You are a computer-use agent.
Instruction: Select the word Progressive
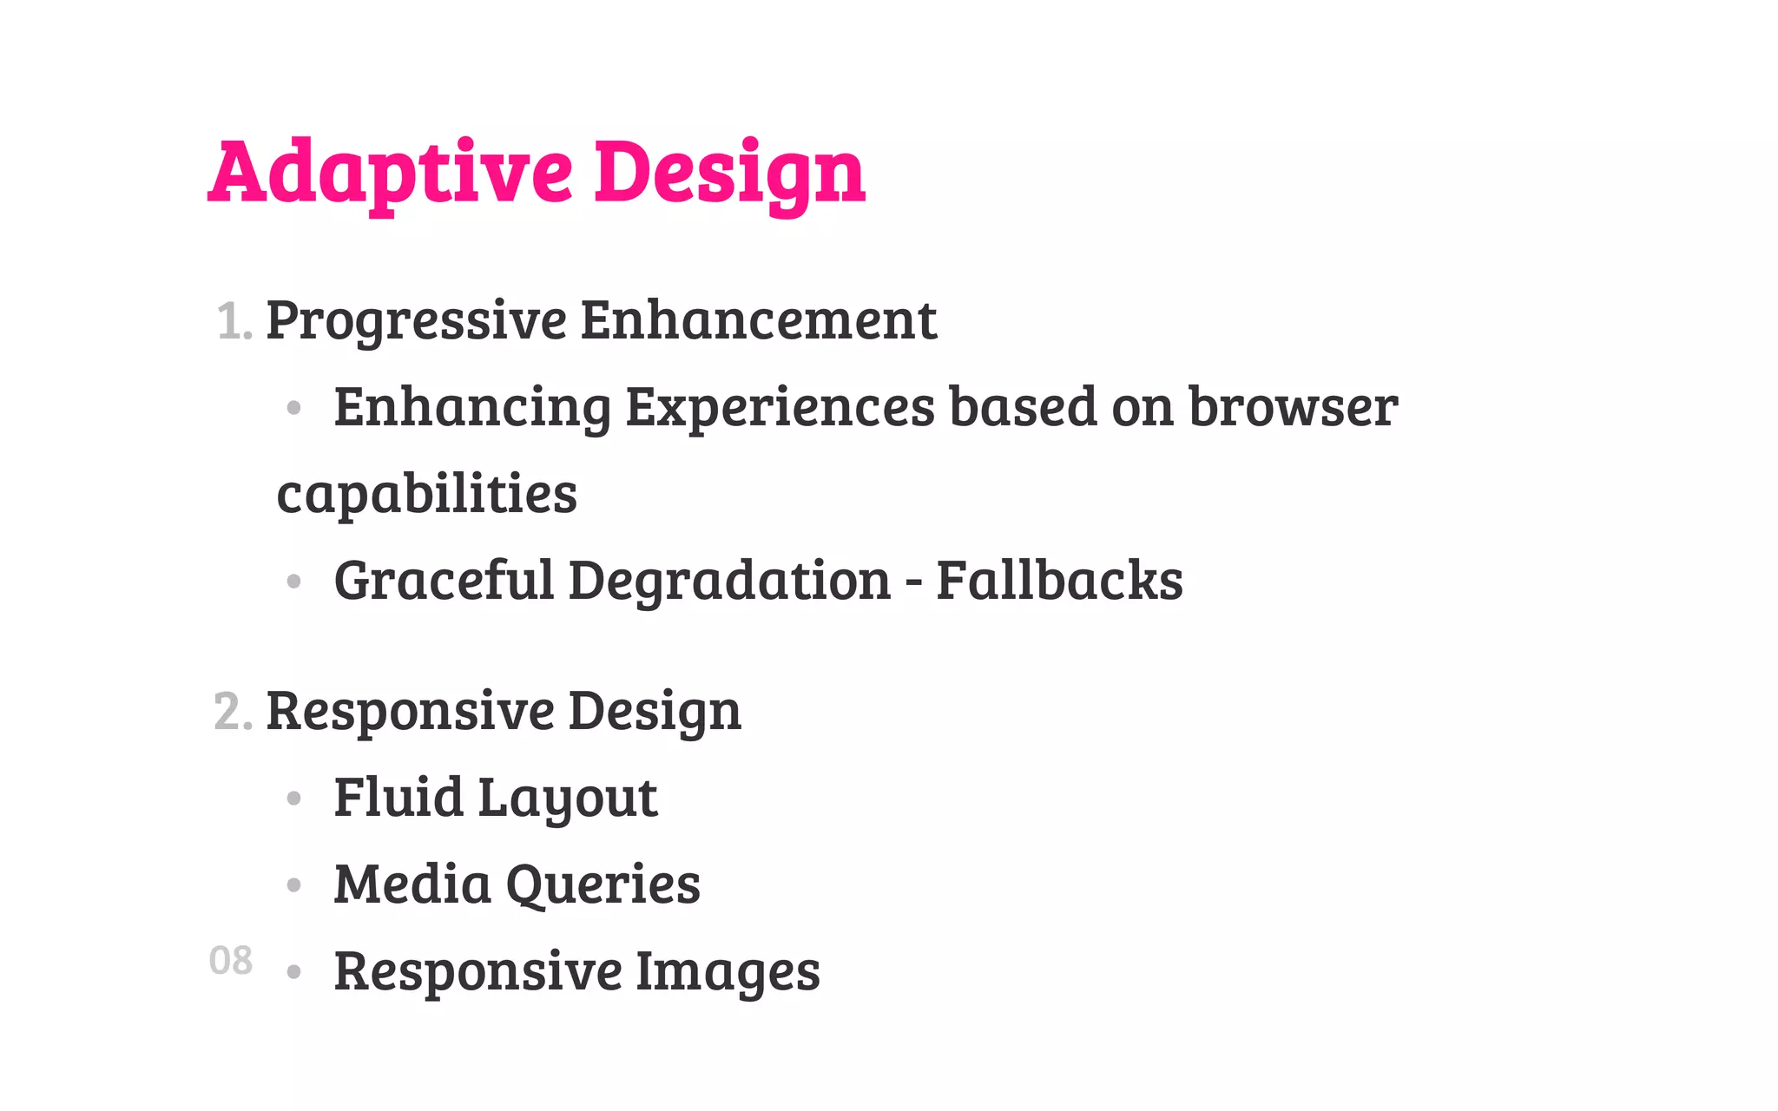416,321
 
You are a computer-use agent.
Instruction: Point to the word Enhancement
758,319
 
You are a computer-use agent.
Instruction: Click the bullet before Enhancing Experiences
293,407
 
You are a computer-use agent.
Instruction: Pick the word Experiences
780,407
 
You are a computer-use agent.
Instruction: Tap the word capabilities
426,494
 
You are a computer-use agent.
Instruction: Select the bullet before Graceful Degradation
293,581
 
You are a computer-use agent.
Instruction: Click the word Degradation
729,580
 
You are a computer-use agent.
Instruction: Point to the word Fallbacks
1059,580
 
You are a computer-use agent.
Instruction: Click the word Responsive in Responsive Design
410,712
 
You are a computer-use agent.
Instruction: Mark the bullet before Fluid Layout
293,798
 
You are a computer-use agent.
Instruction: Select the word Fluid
398,797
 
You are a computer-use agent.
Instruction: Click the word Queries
603,884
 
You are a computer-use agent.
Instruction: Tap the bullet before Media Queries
293,884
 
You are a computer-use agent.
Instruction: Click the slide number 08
231,961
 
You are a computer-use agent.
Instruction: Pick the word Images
728,970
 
